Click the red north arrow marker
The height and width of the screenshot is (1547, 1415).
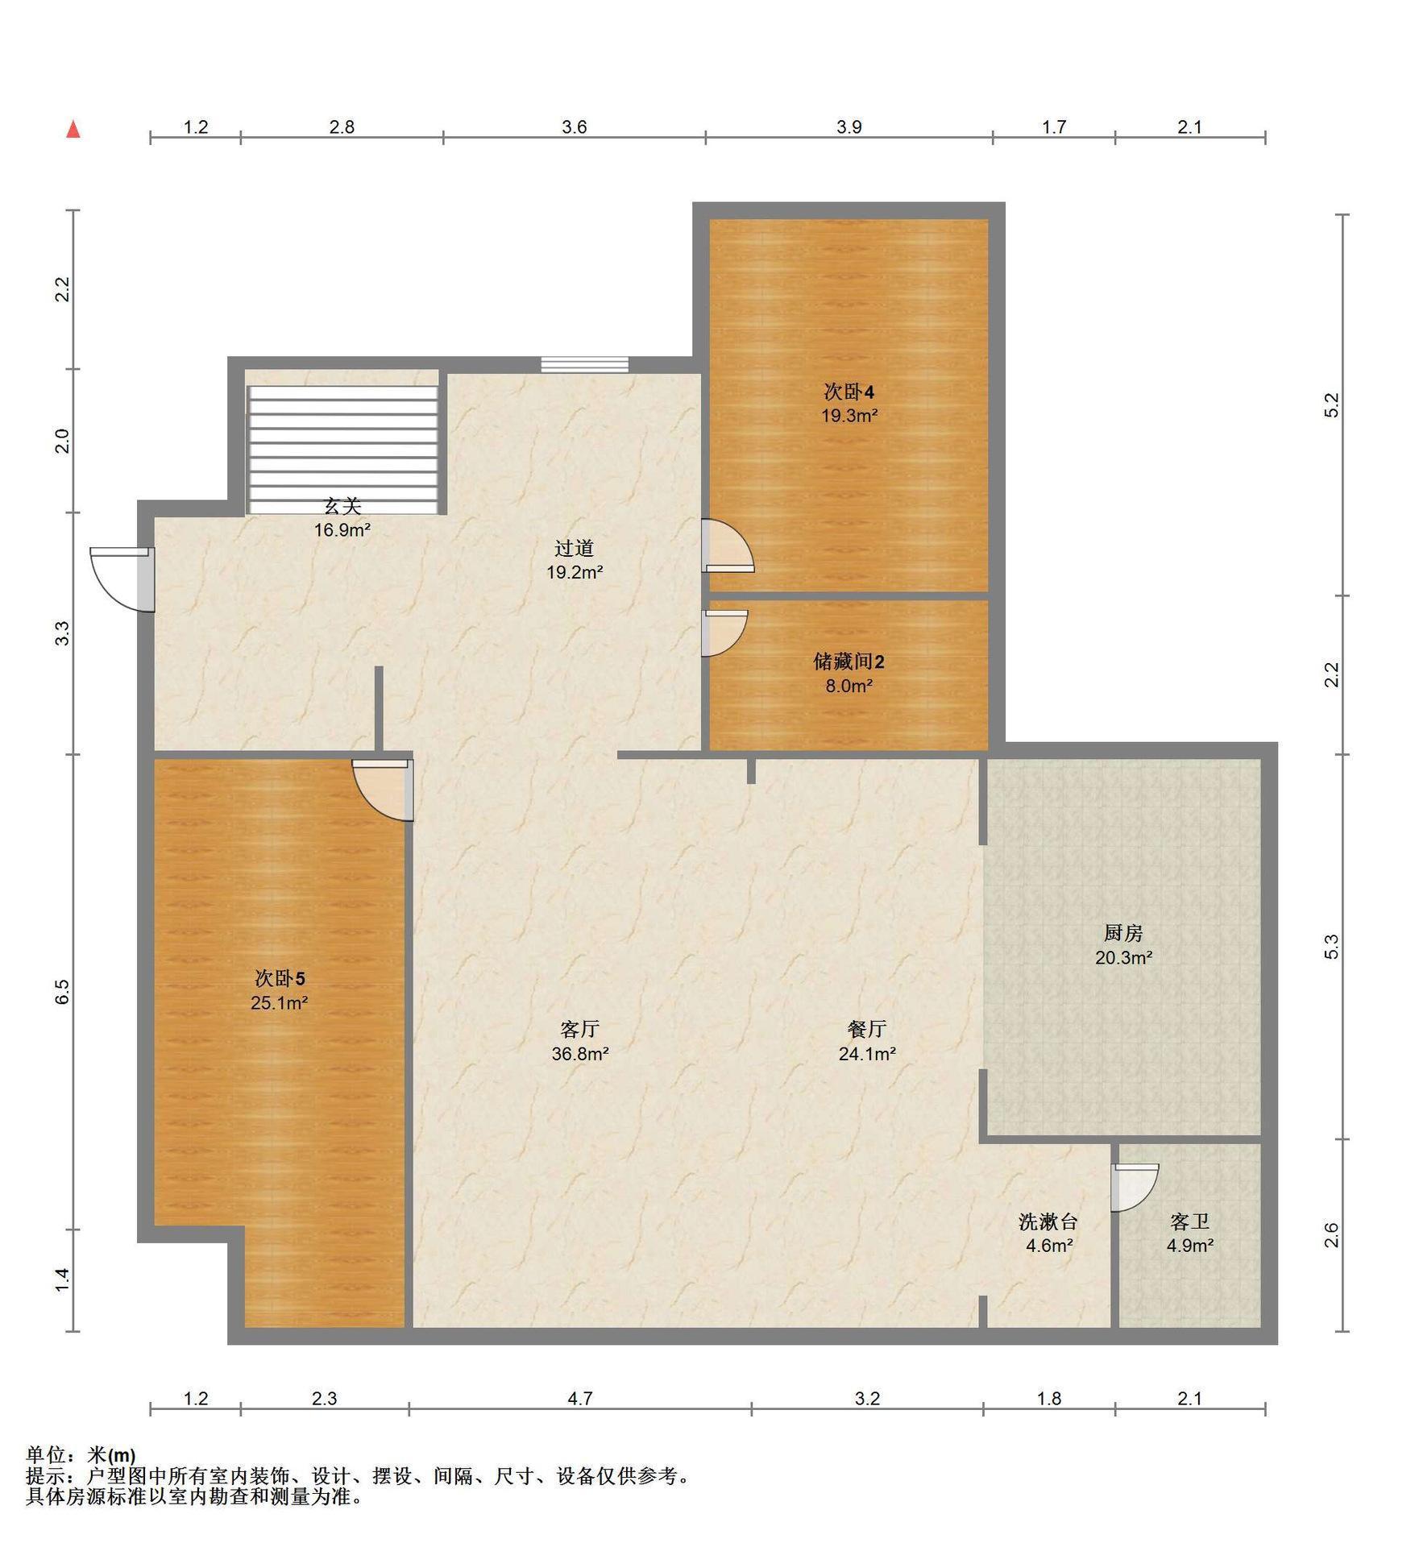click(73, 129)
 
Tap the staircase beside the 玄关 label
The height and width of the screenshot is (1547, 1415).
click(343, 449)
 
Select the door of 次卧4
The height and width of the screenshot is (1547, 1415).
click(728, 545)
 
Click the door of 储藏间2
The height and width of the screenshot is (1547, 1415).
click(724, 632)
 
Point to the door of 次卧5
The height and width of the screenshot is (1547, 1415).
click(384, 790)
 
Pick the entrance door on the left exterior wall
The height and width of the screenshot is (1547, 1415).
click(122, 579)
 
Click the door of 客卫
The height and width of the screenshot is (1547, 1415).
click(1135, 1187)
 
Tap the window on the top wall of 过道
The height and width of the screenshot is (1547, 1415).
click(584, 364)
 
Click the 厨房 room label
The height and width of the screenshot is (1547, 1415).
click(1123, 933)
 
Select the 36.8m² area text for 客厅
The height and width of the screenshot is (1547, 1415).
click(580, 1053)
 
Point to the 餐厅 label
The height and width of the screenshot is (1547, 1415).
click(867, 1029)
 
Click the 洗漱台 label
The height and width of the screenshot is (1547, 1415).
click(1048, 1221)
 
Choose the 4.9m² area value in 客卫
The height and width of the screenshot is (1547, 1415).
click(1190, 1245)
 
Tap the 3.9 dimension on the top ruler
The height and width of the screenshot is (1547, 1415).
click(849, 126)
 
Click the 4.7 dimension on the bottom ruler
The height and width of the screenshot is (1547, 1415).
click(580, 1398)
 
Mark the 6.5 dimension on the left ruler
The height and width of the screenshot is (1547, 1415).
click(63, 992)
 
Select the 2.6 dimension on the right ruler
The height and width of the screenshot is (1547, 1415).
click(1331, 1234)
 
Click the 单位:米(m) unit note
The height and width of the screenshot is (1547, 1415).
click(81, 1455)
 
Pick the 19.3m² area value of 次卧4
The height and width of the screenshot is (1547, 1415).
click(849, 416)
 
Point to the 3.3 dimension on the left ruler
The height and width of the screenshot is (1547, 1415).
click(63, 633)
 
